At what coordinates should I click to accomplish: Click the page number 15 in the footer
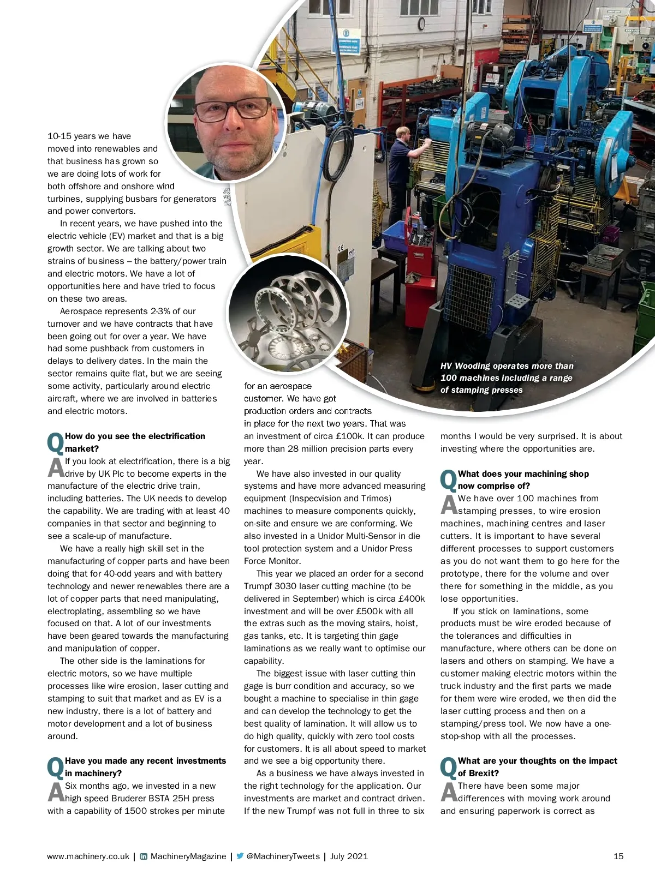[x=618, y=856]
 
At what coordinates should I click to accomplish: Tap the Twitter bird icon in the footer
[x=240, y=856]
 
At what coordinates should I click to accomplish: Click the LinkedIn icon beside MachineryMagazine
[x=143, y=856]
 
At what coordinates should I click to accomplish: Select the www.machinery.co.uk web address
[x=88, y=856]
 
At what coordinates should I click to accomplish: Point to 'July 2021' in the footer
[x=349, y=856]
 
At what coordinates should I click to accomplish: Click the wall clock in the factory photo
[x=421, y=23]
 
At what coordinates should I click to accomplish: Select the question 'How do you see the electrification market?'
[x=135, y=442]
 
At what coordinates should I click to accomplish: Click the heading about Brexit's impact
[x=537, y=766]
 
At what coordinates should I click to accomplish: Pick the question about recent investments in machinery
[x=145, y=766]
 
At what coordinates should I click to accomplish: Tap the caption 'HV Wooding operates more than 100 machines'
[x=507, y=377]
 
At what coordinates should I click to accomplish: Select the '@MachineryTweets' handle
[x=283, y=856]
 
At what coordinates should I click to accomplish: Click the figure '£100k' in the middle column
[x=348, y=436]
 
